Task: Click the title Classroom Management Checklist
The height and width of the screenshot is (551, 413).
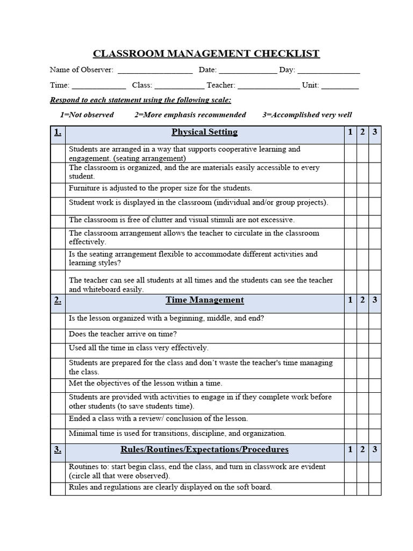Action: pos(206,53)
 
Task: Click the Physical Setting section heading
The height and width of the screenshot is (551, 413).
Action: pos(204,132)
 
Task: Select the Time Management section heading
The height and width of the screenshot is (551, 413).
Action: pos(204,300)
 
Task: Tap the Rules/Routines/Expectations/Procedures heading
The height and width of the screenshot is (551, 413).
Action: pos(204,449)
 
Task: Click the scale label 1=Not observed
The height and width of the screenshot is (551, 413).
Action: pos(87,115)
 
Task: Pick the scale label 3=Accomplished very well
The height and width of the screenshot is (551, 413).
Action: pos(307,115)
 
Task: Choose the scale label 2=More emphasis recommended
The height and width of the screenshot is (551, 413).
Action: pos(190,115)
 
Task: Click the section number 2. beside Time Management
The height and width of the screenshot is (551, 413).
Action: pos(58,300)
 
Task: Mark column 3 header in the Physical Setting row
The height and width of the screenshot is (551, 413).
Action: pos(375,132)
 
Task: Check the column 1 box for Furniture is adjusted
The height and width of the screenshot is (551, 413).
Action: pos(350,189)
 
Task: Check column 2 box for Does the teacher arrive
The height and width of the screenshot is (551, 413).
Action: pos(362,335)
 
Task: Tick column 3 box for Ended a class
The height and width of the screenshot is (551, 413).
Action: pos(375,419)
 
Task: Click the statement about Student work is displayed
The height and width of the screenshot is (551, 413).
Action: pos(198,203)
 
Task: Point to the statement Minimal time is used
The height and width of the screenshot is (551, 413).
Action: pos(177,433)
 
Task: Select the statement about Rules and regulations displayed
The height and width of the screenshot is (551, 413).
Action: pos(170,488)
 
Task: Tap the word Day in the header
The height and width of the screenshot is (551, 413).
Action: pos(287,70)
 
